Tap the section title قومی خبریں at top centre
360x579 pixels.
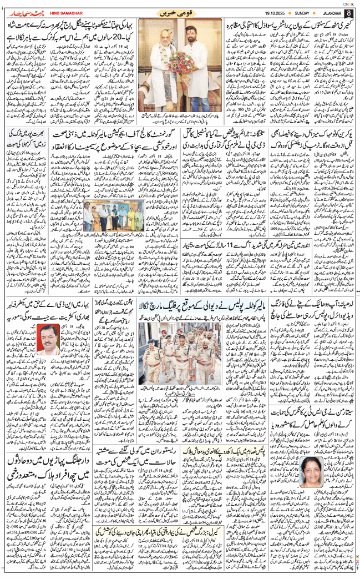179,12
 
